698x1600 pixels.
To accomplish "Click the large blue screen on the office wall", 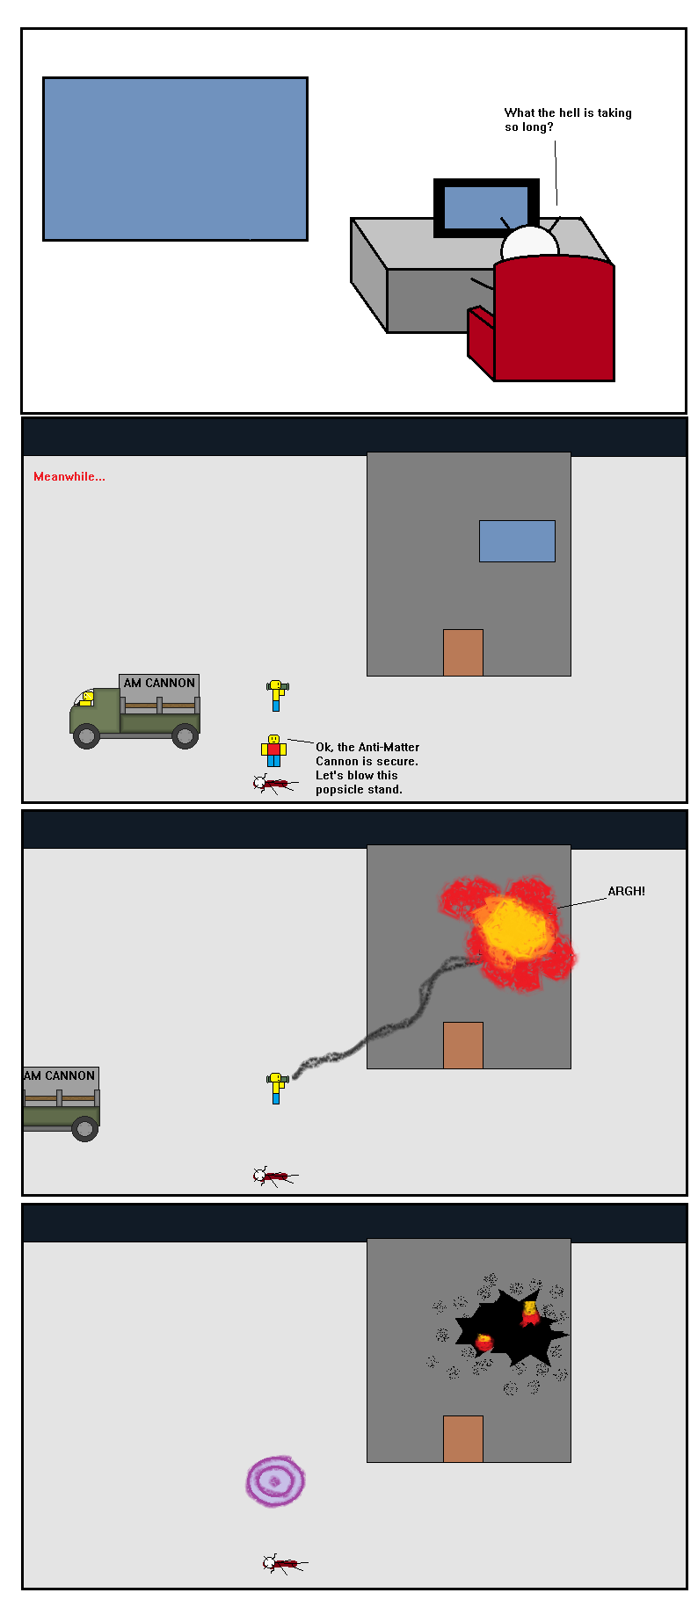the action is click(x=175, y=159).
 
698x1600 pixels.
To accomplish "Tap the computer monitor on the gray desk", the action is click(x=485, y=208).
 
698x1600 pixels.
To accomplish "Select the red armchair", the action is click(x=541, y=318).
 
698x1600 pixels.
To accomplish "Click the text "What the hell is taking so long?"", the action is click(x=568, y=119).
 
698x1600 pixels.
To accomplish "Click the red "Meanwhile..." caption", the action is click(x=69, y=476).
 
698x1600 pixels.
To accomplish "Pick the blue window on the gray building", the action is click(x=517, y=541).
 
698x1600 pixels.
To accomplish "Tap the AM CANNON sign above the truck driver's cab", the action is click(x=159, y=683).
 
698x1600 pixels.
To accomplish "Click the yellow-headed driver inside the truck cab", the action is click(x=86, y=699).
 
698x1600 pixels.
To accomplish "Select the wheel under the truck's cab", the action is click(x=86, y=735).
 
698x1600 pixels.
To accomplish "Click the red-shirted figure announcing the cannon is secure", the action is click(x=273, y=750).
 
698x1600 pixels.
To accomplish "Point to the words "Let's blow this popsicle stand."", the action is click(x=359, y=782).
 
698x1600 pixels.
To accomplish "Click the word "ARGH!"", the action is click(x=626, y=891).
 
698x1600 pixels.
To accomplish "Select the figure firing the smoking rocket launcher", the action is click(x=277, y=1088).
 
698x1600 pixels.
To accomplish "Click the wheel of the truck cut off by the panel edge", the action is click(x=84, y=1128).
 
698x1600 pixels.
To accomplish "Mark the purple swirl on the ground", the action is click(x=275, y=1481).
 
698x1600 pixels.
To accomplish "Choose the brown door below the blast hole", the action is click(x=463, y=1438).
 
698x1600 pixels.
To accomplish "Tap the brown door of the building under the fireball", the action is click(x=463, y=1046).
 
